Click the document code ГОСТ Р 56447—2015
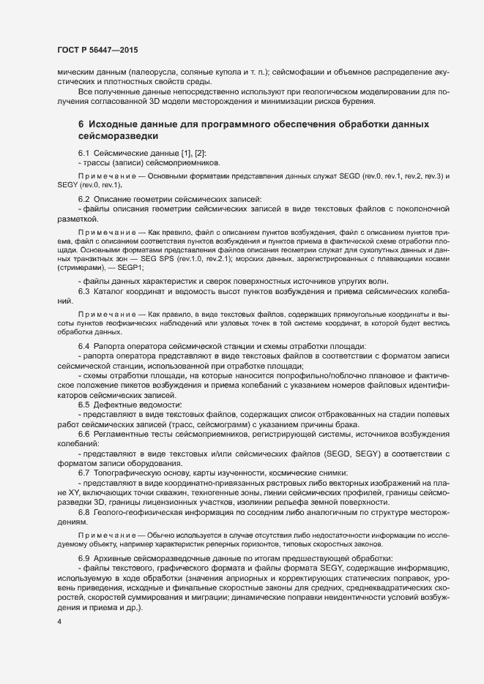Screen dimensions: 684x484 point(97,49)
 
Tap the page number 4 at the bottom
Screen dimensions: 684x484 point(59,622)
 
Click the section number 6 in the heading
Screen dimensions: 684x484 point(81,125)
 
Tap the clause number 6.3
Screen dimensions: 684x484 point(83,292)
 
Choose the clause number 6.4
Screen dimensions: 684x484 point(83,345)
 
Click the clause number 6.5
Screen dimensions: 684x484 point(83,405)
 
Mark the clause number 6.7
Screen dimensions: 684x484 point(83,473)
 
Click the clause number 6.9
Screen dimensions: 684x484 point(83,559)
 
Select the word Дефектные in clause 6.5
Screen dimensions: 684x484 point(116,405)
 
